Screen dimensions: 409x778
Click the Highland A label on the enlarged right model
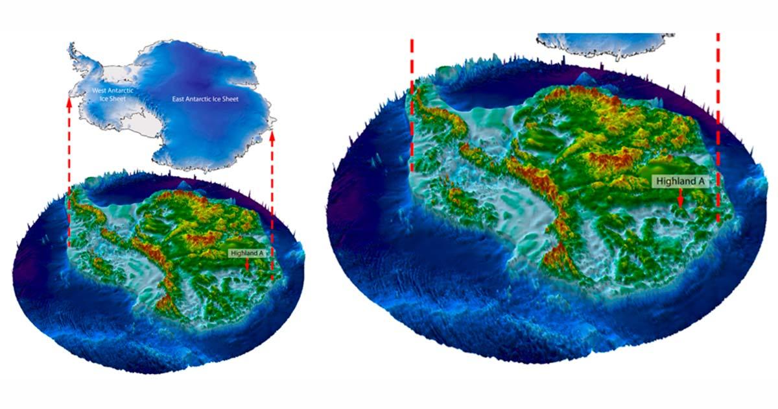(x=679, y=182)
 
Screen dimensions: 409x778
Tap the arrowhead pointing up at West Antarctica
(x=69, y=99)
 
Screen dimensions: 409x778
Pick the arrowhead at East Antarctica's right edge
(x=272, y=137)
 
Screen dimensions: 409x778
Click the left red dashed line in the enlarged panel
(x=412, y=104)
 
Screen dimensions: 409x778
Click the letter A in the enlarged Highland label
(x=700, y=182)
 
